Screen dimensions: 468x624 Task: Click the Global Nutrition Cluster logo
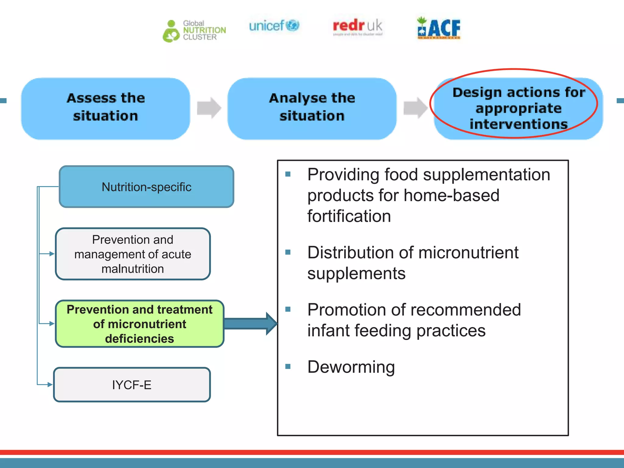point(194,31)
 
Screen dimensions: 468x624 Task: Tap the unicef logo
point(274,26)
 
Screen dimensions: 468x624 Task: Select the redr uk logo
point(357,27)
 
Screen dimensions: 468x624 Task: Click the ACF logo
point(439,28)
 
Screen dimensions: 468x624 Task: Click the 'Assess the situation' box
point(105,108)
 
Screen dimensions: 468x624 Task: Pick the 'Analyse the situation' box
point(312,108)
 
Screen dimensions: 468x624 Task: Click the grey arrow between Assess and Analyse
point(209,108)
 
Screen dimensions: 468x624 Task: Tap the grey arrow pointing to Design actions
point(415,108)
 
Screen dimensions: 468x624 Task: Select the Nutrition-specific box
point(147,187)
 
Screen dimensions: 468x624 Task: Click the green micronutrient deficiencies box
point(140,324)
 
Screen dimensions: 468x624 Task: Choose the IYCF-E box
point(132,385)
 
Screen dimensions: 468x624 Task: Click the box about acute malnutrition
point(133,254)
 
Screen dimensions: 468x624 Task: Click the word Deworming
point(351,367)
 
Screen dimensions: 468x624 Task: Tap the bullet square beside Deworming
point(288,367)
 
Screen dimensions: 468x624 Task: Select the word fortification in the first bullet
point(349,216)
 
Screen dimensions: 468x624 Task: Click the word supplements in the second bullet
point(356,273)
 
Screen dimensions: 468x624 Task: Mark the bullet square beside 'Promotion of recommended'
point(288,309)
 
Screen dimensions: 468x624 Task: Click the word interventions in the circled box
point(518,124)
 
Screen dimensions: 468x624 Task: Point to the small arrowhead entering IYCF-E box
point(50,385)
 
